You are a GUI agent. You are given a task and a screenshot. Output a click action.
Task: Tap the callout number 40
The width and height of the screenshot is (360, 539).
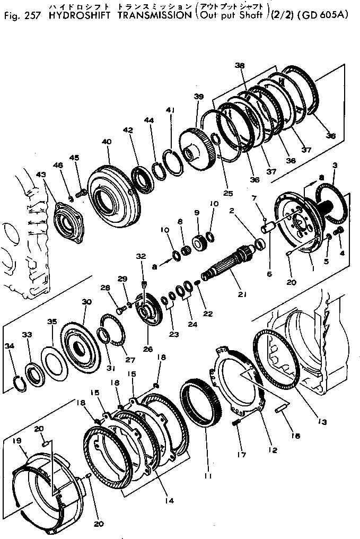pyautogui.click(x=107, y=142)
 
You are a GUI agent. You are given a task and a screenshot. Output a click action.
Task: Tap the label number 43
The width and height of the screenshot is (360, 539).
pyautogui.click(x=41, y=175)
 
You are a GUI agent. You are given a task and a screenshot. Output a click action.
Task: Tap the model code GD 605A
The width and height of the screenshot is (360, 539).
pyautogui.click(x=326, y=15)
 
